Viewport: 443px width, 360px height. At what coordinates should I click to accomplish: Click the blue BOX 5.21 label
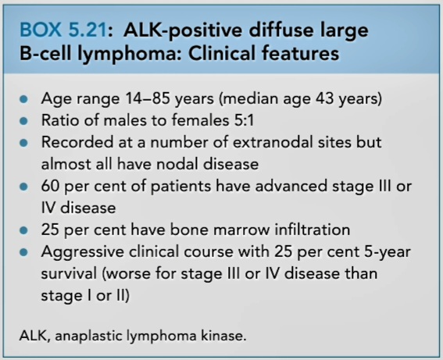pos(63,30)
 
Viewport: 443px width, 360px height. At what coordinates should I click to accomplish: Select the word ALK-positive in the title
pos(183,30)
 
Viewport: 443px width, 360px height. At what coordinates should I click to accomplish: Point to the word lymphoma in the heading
pos(130,54)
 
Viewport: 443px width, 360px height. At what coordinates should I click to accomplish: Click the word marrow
pos(242,230)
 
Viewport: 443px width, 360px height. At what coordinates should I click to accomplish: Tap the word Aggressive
pos(82,252)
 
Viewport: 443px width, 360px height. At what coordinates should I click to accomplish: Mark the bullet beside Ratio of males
pos(24,121)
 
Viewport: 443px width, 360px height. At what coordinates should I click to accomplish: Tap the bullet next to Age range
pos(24,99)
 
